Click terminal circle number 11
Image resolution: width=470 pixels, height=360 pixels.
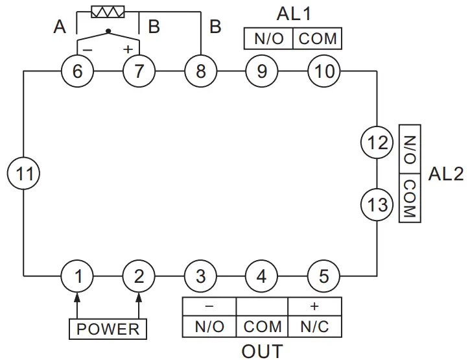pyautogui.click(x=25, y=173)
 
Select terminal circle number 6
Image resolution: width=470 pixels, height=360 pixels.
pyautogui.click(x=77, y=71)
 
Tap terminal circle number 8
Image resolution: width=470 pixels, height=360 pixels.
pyautogui.click(x=200, y=71)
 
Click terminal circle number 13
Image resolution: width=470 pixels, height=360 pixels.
pyautogui.click(x=377, y=205)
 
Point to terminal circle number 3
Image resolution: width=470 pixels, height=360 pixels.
pyautogui.click(x=200, y=276)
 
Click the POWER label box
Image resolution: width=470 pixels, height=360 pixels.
pyautogui.click(x=108, y=329)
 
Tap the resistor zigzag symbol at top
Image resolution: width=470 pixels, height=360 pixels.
pyautogui.click(x=108, y=12)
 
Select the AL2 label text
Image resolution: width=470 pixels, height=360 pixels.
pyautogui.click(x=446, y=173)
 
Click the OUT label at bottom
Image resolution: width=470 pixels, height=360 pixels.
pyautogui.click(x=262, y=351)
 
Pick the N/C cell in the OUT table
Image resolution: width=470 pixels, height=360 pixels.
pyautogui.click(x=314, y=326)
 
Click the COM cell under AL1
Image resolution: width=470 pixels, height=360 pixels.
pyautogui.click(x=317, y=39)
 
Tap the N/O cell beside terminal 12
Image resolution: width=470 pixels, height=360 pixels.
pyautogui.click(x=410, y=149)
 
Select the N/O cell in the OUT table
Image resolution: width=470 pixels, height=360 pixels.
pyautogui.click(x=209, y=326)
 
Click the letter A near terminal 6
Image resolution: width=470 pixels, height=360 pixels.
pyautogui.click(x=60, y=27)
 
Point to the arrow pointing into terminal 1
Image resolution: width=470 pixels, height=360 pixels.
pyautogui.click(x=77, y=298)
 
